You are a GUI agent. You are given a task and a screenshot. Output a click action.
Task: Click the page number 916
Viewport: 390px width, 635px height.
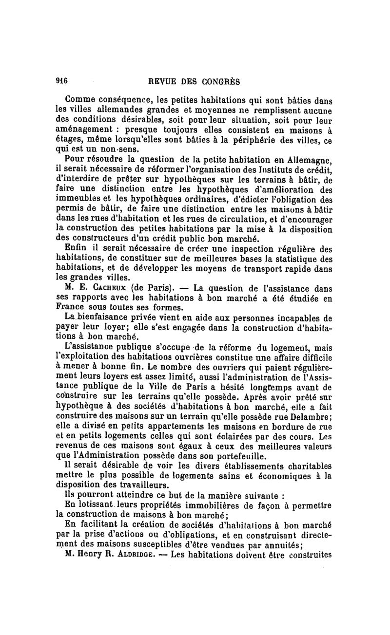(x=63, y=81)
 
